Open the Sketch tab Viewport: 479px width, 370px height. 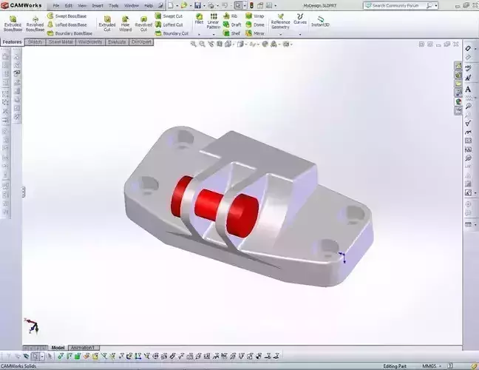tap(35, 42)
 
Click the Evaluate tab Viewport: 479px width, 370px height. tap(117, 42)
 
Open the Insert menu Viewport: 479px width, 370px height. tap(98, 5)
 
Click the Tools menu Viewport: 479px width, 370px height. tap(114, 5)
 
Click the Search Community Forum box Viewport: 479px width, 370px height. tap(410, 5)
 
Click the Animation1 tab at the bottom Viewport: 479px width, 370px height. tap(84, 347)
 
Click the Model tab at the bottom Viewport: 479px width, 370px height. tap(58, 347)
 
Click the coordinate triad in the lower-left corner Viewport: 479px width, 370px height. tap(31, 325)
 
